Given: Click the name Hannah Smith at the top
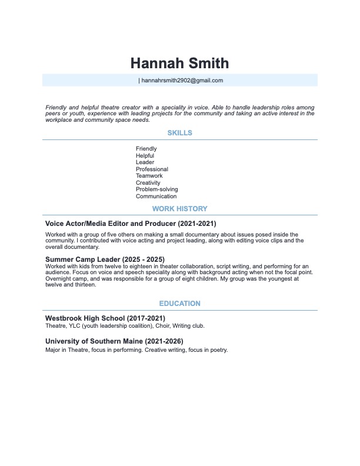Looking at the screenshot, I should click(x=179, y=63).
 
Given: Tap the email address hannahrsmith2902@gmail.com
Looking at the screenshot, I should click(x=182, y=81).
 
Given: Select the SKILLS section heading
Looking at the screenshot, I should click(x=179, y=133).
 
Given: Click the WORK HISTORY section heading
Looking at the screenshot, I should click(x=179, y=208).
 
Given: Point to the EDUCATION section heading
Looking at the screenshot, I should click(x=179, y=304).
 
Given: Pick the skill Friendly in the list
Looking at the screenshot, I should click(x=146, y=149).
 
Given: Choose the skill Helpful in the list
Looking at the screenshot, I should click(x=145, y=155).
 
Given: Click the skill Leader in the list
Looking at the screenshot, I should click(x=145, y=162).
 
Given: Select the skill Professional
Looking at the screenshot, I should click(x=152, y=169).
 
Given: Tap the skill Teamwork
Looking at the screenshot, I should click(x=149, y=176).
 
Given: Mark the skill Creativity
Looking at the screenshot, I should click(x=148, y=183).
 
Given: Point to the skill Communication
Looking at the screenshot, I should click(x=156, y=197).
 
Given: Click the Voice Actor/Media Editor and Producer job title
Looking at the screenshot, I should click(x=131, y=224).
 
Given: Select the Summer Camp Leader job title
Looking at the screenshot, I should click(x=105, y=259).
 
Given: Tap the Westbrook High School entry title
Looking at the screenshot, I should click(x=105, y=318).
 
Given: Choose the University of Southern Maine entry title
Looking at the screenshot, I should click(x=114, y=341).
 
